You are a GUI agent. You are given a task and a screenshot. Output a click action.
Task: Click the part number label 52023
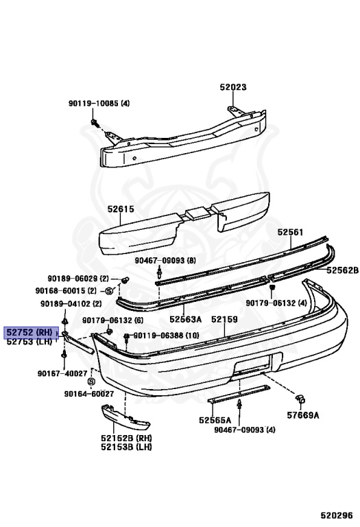pos(233,87)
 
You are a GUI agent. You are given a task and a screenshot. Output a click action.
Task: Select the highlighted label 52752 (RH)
pos(31,332)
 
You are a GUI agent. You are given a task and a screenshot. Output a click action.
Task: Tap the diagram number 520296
pos(336,515)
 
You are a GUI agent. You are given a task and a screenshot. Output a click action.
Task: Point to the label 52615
pos(121,209)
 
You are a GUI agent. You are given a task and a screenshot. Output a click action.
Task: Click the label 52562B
pos(343,270)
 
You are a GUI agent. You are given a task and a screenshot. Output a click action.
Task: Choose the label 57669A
pos(303,415)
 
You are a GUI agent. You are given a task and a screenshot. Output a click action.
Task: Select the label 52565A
pos(215,420)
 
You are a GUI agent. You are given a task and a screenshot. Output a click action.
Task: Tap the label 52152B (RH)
pos(126,438)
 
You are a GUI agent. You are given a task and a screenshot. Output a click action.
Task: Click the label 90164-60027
pos(89,394)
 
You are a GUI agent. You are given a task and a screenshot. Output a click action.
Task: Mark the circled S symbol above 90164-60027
pos(91,382)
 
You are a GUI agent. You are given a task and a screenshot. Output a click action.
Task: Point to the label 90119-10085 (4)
pos(99,103)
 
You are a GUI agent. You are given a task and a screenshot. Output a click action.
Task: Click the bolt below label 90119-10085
pos(95,123)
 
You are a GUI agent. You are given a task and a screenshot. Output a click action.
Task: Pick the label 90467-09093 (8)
pos(165,261)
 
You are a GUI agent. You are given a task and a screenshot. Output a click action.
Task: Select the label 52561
pos(290,232)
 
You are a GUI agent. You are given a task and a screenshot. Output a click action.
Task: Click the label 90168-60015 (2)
pos(66,291)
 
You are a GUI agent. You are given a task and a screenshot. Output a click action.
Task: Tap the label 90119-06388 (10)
pos(166,336)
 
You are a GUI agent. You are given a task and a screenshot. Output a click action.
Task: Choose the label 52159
pos(224,319)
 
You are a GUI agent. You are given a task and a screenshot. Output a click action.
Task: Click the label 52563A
pos(185,319)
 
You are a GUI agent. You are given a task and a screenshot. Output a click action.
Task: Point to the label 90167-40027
pos(62,373)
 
